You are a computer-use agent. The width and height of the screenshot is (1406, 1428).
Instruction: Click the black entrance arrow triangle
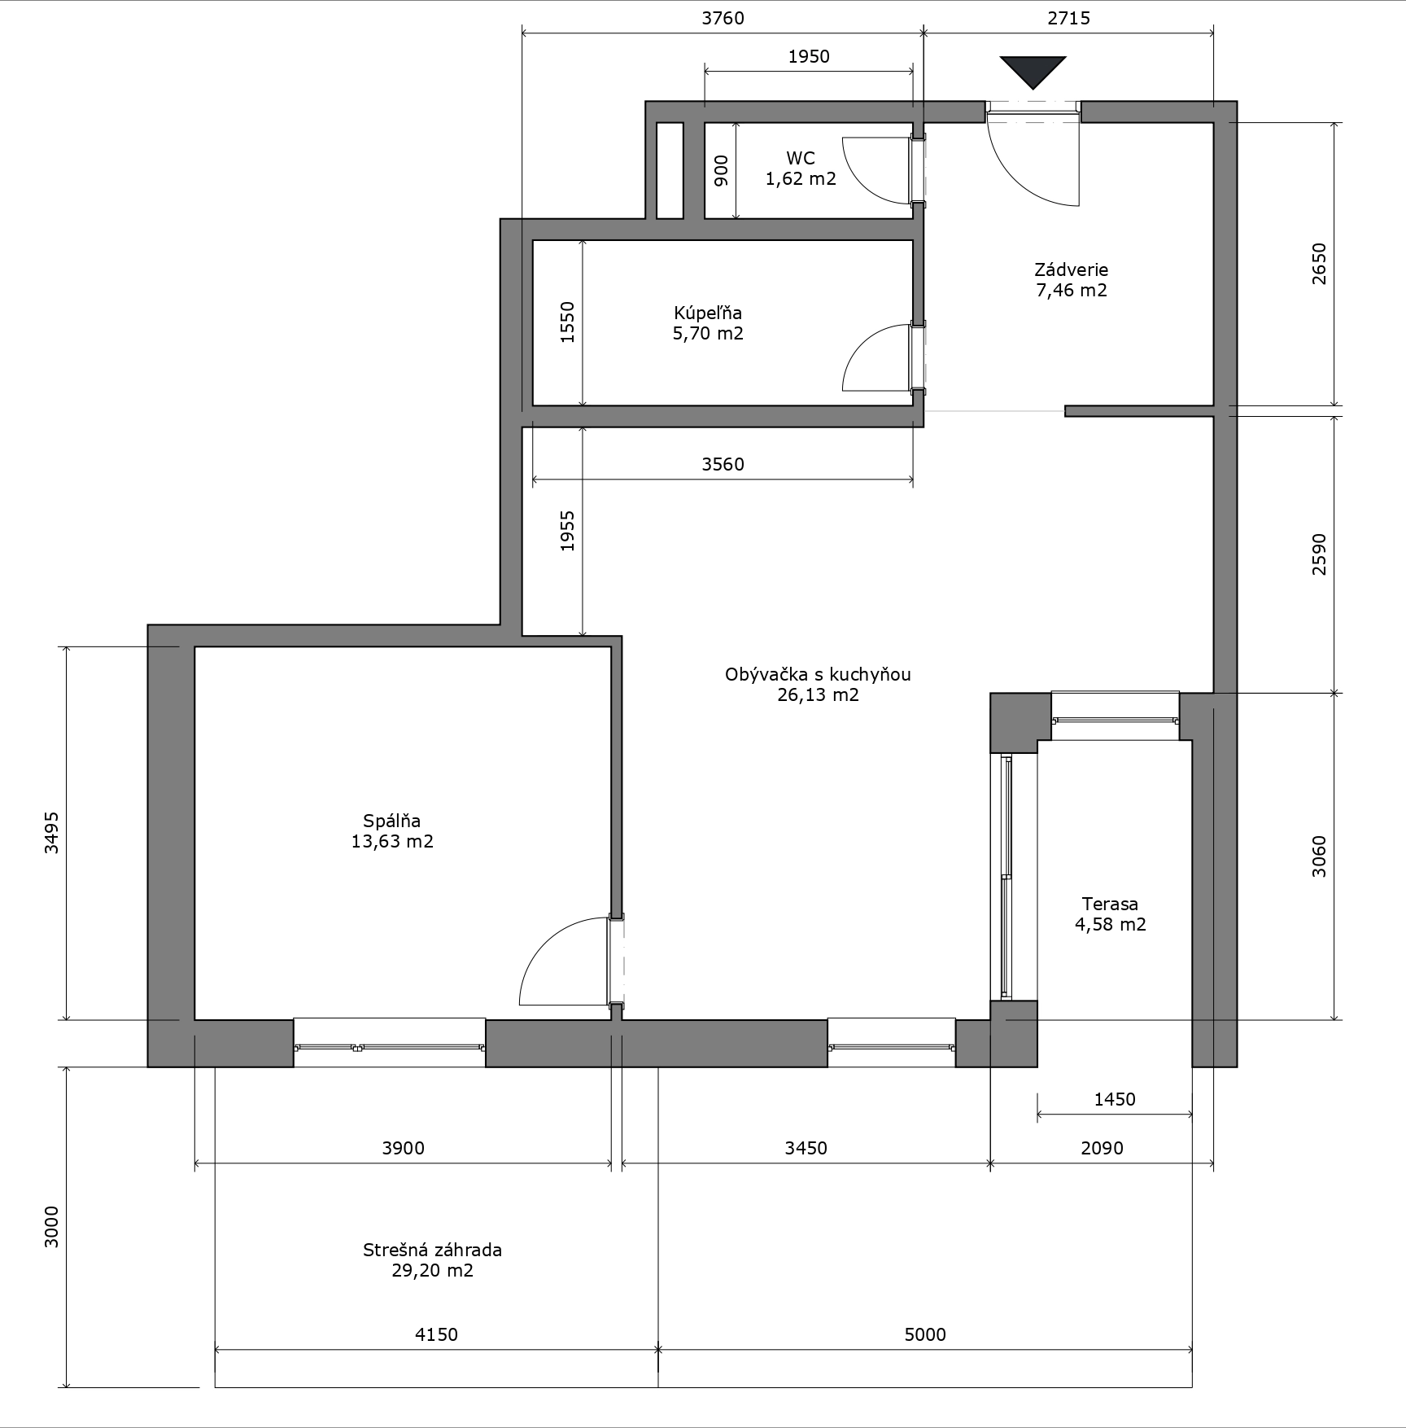pyautogui.click(x=1033, y=70)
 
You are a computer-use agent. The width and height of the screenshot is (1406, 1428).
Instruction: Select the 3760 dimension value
pyautogui.click(x=723, y=18)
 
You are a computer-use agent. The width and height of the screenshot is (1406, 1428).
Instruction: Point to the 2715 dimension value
pyautogui.click(x=1068, y=18)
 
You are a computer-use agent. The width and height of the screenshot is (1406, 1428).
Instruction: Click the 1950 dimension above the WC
pyautogui.click(x=809, y=56)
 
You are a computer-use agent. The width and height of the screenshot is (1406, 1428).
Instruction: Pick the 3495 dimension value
pyautogui.click(x=51, y=832)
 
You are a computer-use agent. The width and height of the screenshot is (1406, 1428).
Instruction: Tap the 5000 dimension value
pyautogui.click(x=925, y=1334)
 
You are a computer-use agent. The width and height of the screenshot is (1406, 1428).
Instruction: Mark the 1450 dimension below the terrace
pyautogui.click(x=1115, y=1099)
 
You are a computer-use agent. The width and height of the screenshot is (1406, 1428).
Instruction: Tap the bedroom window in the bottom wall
pyautogui.click(x=390, y=1043)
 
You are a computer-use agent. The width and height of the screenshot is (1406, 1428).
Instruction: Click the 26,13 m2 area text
pyautogui.click(x=818, y=695)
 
